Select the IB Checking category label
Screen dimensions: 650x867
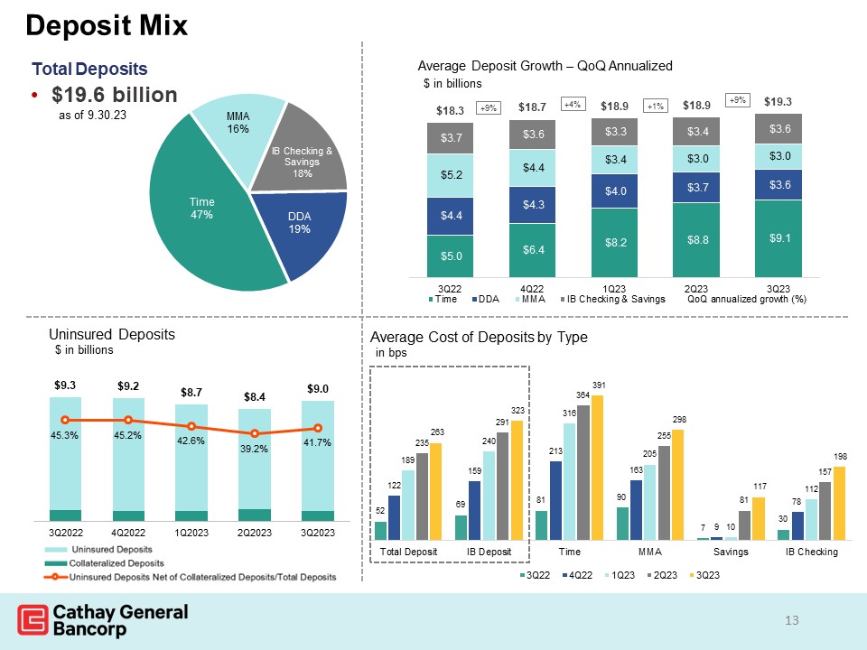coord(811,552)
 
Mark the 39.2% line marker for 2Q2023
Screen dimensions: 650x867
coord(255,434)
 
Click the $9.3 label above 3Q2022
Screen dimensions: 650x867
coord(65,385)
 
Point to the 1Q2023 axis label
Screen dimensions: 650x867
coord(191,533)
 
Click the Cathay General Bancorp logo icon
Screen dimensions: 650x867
coord(33,620)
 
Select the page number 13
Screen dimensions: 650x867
coord(792,620)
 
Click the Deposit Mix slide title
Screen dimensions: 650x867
coord(107,25)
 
